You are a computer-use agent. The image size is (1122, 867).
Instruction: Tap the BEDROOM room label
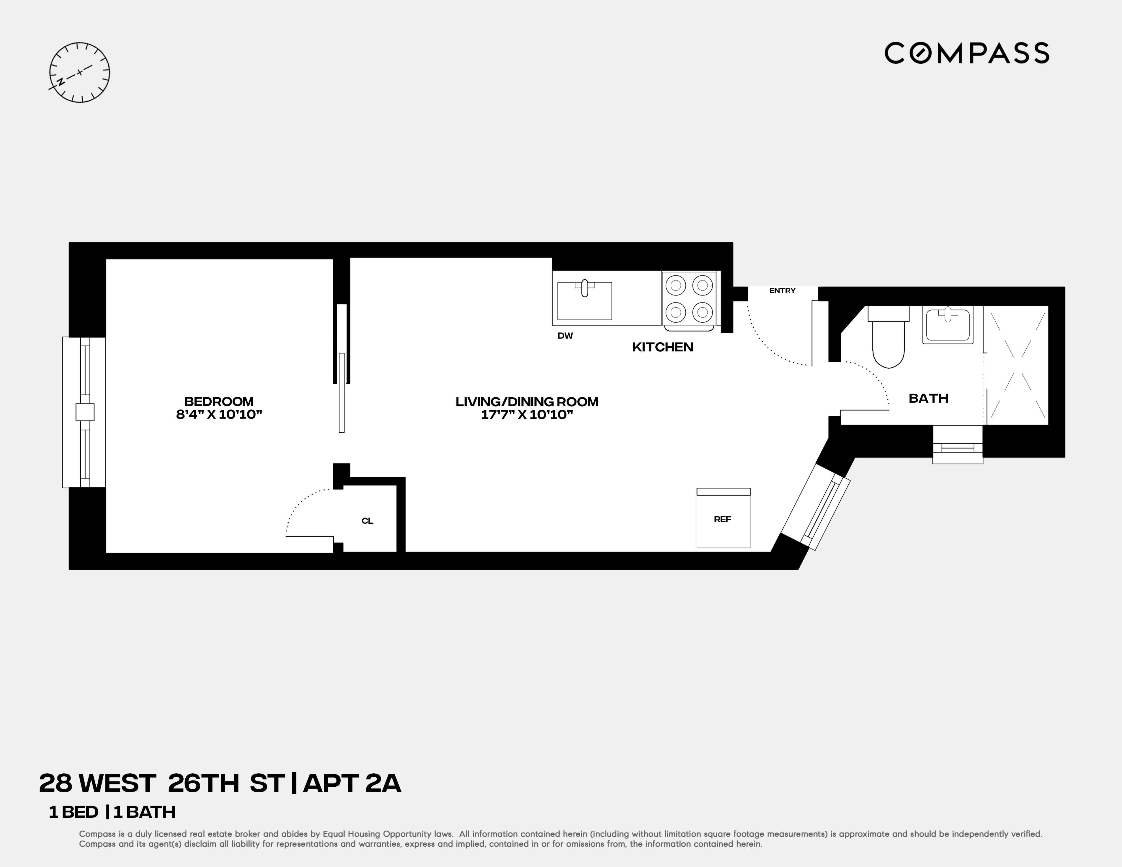coord(219,402)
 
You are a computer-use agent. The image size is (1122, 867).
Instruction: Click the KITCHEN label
coord(662,347)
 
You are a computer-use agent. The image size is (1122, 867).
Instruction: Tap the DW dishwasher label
coord(565,336)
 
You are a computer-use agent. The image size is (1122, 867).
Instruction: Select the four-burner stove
coord(689,299)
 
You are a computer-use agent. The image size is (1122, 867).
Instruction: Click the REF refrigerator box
coord(723,519)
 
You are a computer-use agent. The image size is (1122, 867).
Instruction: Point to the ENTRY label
coord(782,291)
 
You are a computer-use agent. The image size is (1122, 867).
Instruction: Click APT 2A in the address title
coord(352,783)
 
